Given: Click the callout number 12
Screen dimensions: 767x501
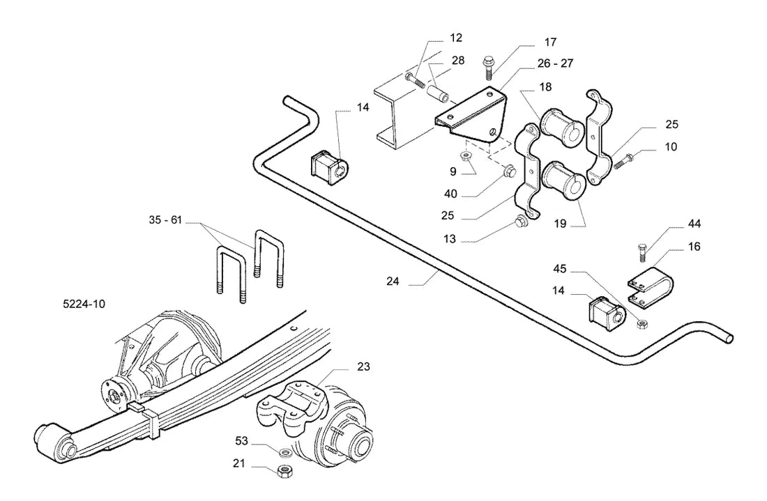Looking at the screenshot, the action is click(456, 38).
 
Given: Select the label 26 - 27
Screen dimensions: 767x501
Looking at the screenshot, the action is click(555, 63).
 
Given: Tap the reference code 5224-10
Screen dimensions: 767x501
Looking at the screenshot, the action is click(84, 304).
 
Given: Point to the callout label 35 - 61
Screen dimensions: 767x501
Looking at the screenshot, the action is click(165, 220).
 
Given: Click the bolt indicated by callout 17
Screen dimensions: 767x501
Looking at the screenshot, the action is click(487, 68).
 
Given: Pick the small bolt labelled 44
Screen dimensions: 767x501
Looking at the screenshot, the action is click(642, 252).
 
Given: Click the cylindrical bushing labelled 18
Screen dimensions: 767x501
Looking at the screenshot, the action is click(561, 127).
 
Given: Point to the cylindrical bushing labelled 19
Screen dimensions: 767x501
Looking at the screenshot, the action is click(563, 180).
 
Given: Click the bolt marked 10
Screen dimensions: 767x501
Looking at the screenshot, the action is click(623, 161).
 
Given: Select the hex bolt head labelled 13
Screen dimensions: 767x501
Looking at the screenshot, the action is click(519, 224).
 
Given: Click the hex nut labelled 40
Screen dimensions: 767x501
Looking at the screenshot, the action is click(509, 171).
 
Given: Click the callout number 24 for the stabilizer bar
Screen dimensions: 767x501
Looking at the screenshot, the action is click(393, 282).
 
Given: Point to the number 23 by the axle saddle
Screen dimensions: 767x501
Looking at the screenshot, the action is click(363, 367).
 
